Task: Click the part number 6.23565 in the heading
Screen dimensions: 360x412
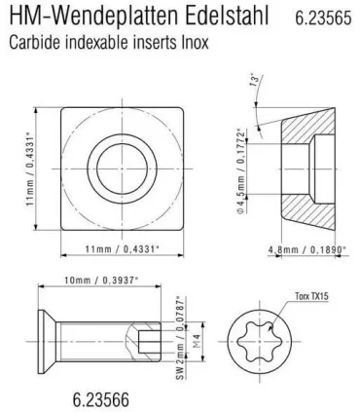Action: (323, 18)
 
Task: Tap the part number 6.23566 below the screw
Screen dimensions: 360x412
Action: (101, 399)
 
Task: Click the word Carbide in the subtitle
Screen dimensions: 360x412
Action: (34, 42)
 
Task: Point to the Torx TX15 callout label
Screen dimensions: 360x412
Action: (311, 296)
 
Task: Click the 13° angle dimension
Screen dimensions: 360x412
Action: (256, 80)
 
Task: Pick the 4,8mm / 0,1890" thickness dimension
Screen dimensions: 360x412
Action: (307, 249)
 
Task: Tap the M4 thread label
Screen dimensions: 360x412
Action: (197, 342)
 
